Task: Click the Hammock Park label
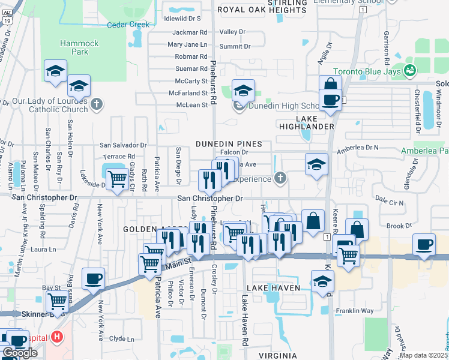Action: point(74,47)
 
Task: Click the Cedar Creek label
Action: point(128,25)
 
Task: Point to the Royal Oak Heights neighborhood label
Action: point(261,10)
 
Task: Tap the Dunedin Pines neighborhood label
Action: point(228,144)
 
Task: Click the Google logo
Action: point(20,353)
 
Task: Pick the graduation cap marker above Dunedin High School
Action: point(243,91)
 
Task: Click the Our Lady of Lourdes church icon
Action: point(97,105)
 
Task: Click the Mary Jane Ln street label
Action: point(187,45)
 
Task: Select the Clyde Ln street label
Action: point(122,338)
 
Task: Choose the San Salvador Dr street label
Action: point(123,145)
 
